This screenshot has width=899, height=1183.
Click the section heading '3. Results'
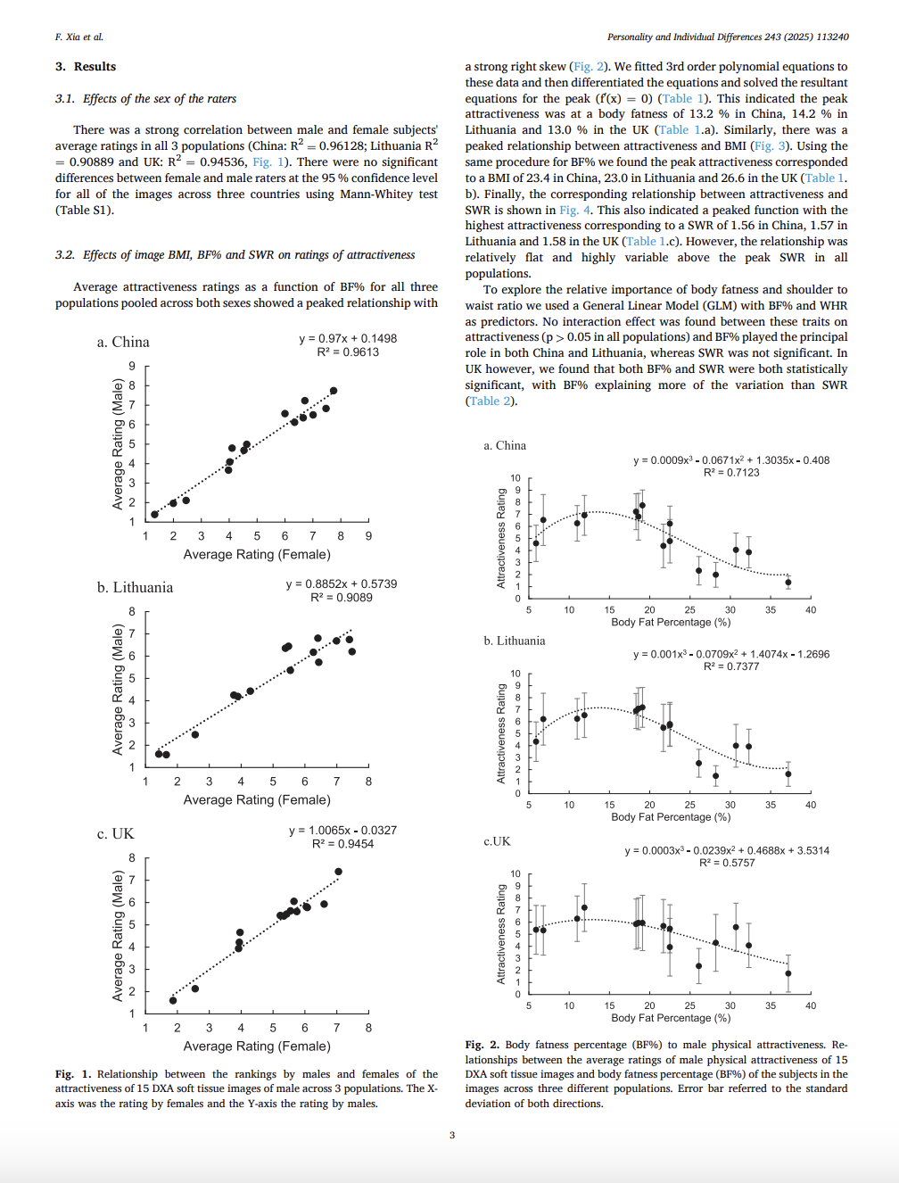86,67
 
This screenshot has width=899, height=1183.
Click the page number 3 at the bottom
452,1135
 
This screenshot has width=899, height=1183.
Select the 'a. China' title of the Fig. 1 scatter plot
123,343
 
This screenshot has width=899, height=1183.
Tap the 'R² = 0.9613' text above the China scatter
348,352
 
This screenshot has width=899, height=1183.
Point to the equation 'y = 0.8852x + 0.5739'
342,584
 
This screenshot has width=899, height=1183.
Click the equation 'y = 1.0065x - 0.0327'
342,831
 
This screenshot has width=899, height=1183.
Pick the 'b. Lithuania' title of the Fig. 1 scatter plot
135,588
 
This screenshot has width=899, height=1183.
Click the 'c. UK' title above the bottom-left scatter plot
115,834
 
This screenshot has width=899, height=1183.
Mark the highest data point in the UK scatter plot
338,872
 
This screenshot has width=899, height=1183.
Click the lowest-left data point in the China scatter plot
154,515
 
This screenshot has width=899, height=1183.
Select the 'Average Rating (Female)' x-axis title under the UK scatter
257,1046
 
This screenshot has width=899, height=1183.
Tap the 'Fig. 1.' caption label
73,1074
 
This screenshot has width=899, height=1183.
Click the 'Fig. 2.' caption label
482,1045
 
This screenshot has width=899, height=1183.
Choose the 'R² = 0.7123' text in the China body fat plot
731,473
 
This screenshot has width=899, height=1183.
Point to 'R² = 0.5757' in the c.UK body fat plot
727,863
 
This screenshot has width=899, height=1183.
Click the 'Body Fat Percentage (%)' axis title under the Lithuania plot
671,817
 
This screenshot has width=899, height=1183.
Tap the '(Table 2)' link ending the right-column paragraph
491,401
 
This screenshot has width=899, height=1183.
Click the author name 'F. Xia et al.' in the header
79,37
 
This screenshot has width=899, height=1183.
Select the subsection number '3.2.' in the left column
65,255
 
